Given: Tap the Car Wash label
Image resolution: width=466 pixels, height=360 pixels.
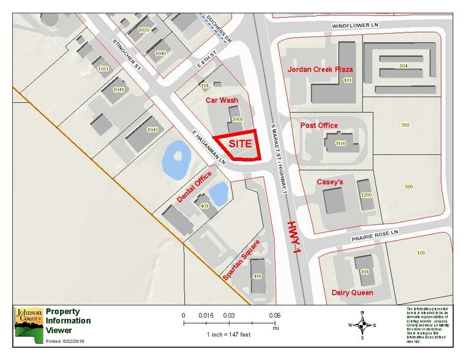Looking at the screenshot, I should click(x=220, y=99).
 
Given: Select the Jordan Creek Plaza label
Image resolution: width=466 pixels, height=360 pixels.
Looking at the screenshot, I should click(x=320, y=69).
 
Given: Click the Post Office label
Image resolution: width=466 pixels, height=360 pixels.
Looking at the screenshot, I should click(x=319, y=126).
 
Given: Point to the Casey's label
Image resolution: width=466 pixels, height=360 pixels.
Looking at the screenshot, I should click(x=330, y=182).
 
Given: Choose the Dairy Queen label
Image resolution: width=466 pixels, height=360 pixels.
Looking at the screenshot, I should click(x=352, y=293).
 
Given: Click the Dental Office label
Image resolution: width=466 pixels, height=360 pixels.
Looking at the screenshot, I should click(x=194, y=187).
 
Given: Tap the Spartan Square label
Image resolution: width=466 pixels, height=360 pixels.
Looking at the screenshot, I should click(x=241, y=260).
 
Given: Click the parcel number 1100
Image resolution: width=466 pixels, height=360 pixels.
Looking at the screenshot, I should click(x=341, y=143).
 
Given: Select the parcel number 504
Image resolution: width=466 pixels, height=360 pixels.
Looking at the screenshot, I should click(x=404, y=66).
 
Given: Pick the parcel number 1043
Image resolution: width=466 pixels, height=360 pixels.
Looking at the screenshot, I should click(x=152, y=130).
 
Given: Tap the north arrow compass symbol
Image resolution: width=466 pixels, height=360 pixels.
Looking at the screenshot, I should click(x=363, y=324).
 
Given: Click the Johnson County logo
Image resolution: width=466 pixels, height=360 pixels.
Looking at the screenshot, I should click(x=28, y=323).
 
